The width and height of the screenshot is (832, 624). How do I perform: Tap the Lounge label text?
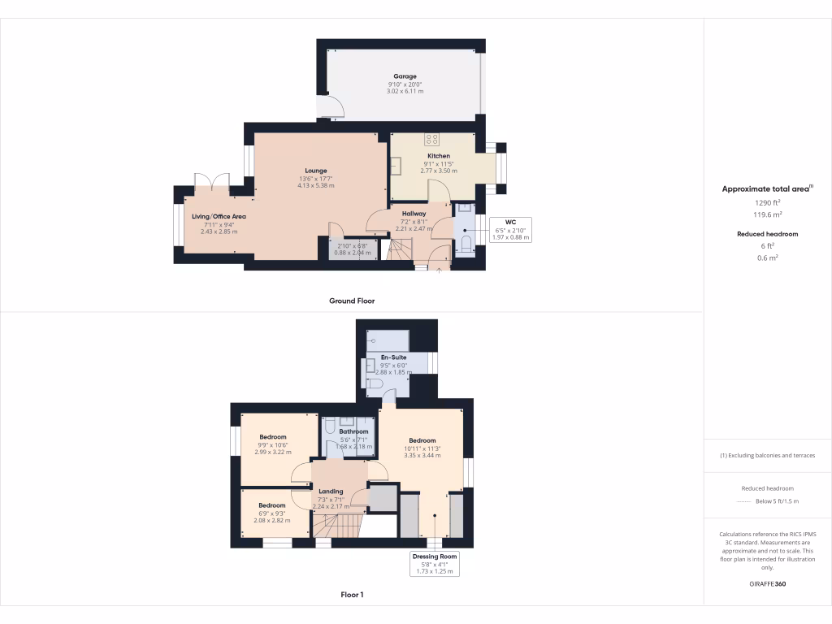[316, 171]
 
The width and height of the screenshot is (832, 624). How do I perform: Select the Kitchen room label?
[439, 156]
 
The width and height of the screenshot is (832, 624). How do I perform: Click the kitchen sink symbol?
[398, 167]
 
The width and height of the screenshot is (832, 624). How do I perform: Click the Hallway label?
[413, 214]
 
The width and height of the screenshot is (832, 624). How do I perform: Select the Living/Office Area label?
[219, 217]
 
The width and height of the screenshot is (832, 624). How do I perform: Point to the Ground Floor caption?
[352, 301]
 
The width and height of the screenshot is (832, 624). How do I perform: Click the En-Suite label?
[393, 357]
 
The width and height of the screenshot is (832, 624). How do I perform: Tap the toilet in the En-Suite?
[374, 383]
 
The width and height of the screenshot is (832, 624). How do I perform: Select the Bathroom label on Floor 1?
[353, 431]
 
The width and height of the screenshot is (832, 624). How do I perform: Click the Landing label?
[331, 491]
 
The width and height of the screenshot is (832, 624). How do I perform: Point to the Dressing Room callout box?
[435, 564]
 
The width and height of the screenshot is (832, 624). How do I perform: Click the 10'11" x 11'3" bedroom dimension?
[422, 448]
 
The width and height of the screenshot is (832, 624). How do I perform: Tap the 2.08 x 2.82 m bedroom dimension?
[272, 521]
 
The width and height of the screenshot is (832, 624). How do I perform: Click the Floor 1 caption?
[352, 596]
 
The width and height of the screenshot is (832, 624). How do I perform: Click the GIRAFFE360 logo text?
[767, 584]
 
